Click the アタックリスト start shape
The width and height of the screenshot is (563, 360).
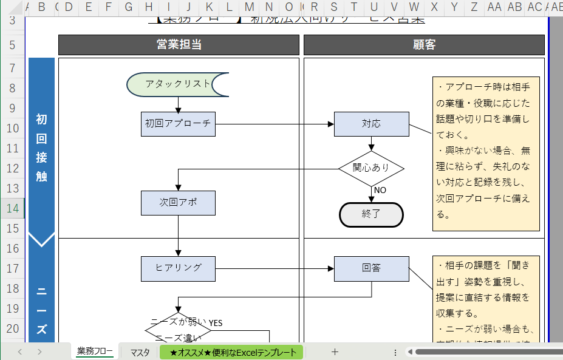click(x=177, y=84)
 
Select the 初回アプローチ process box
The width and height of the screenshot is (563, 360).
click(x=178, y=124)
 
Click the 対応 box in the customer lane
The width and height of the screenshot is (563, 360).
click(x=371, y=124)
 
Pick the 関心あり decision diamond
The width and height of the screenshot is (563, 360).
click(x=371, y=168)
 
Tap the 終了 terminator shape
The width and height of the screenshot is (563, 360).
click(x=371, y=214)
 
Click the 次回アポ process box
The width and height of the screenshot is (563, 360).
click(x=178, y=203)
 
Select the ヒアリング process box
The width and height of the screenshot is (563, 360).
click(x=178, y=268)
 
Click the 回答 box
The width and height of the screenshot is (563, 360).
click(x=371, y=268)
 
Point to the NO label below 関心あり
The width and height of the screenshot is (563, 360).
click(x=380, y=190)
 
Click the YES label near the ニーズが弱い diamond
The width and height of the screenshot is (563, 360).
click(x=216, y=323)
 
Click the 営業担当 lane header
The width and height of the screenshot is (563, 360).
click(x=179, y=45)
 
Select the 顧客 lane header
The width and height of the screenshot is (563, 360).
click(x=424, y=45)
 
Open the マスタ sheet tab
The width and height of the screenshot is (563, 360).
click(x=140, y=352)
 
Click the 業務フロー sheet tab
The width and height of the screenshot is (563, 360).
click(x=95, y=352)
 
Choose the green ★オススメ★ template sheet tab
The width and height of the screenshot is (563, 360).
click(x=233, y=352)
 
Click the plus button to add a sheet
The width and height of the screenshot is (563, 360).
click(x=335, y=352)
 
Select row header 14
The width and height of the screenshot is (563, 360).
click(x=12, y=208)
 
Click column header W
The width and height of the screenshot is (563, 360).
click(x=414, y=7)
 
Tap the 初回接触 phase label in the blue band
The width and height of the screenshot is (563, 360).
click(x=41, y=148)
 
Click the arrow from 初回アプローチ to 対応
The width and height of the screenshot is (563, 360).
click(x=273, y=124)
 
